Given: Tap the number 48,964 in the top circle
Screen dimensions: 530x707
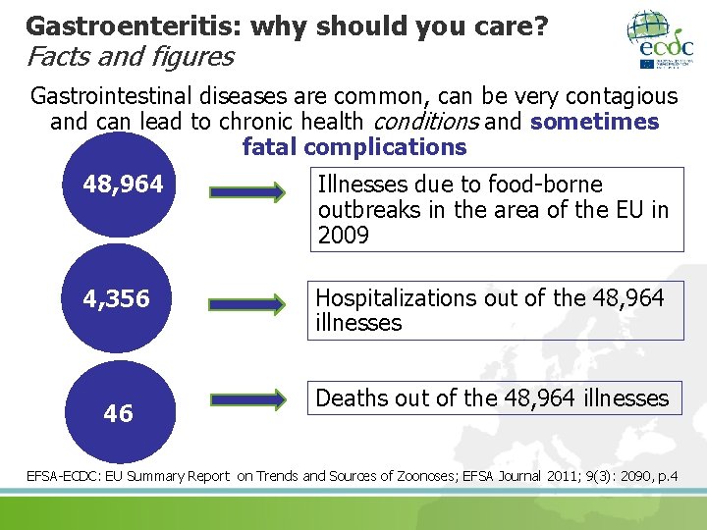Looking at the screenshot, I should click(124, 185).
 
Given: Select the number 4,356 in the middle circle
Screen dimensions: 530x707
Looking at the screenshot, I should click(117, 298).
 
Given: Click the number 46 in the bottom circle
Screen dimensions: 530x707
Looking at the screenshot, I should click(118, 413).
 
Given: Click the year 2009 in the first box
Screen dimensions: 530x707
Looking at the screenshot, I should click(343, 236).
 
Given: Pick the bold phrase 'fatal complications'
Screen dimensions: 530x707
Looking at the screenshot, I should click(354, 147).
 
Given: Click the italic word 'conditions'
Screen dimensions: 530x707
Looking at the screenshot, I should click(421, 122).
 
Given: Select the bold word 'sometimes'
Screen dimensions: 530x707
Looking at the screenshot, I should click(594, 122).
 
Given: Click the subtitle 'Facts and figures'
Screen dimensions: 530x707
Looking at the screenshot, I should click(130, 56).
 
